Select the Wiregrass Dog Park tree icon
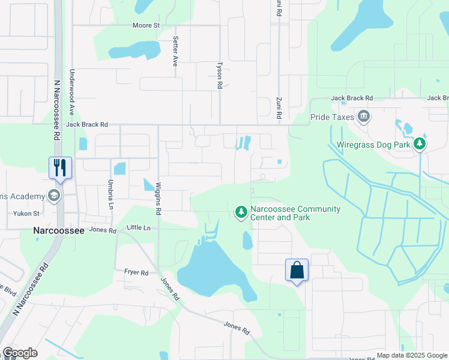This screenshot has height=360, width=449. [420, 144]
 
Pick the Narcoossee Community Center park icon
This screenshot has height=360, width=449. [241, 211]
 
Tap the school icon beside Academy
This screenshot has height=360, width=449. [54, 196]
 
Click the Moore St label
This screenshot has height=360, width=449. [146, 26]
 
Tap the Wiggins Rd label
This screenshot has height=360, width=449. [158, 199]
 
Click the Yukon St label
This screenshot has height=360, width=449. [26, 213]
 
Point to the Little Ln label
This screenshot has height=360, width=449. [138, 228]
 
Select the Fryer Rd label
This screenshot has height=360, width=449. [136, 272]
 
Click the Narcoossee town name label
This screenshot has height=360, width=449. [55, 230]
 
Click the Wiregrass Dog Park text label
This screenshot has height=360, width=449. [373, 145]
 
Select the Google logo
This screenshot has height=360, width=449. [20, 353]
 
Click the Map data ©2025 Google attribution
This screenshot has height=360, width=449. [412, 355]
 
